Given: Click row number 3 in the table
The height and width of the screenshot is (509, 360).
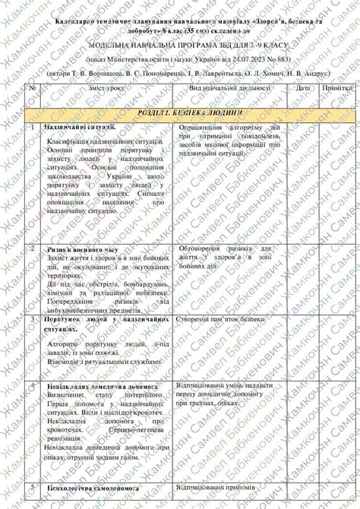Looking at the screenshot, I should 33,321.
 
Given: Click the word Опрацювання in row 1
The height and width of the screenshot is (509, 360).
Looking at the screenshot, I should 201,127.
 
